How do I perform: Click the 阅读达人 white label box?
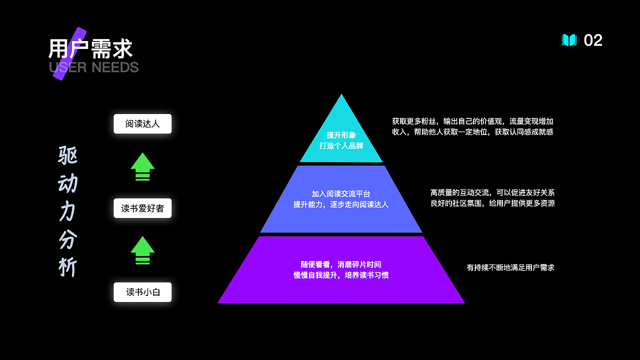pos(142,124)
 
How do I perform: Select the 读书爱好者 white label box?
pos(142,208)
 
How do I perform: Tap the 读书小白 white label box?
pos(142,292)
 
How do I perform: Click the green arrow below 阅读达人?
pos(142,166)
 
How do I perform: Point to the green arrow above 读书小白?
pos(142,250)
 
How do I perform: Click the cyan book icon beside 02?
pos(569,40)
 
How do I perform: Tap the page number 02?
pos(593,40)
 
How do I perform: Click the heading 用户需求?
pos(90,49)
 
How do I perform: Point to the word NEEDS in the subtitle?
pos(115,67)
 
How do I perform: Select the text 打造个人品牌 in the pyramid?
pos(341,146)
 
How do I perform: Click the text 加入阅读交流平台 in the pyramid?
pos(341,193)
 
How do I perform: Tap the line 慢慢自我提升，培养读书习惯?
pos(341,275)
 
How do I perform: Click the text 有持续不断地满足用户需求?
pos(510,267)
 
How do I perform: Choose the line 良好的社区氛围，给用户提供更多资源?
pos(492,203)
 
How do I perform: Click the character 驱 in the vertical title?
pos(68,155)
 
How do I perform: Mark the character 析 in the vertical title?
pos(68,267)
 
